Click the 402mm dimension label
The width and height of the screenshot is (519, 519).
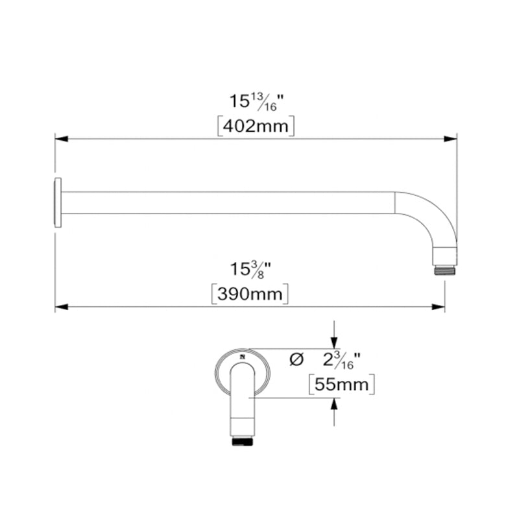tap(256, 126)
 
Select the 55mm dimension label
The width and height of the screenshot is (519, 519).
tap(341, 385)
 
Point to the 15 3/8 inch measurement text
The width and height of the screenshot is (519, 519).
tap(250, 269)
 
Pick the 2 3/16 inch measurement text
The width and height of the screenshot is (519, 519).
tap(341, 359)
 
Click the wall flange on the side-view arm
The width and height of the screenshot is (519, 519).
tap(58, 202)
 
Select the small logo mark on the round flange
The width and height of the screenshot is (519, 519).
tap(242, 356)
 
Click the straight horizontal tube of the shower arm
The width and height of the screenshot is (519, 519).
tap(227, 202)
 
